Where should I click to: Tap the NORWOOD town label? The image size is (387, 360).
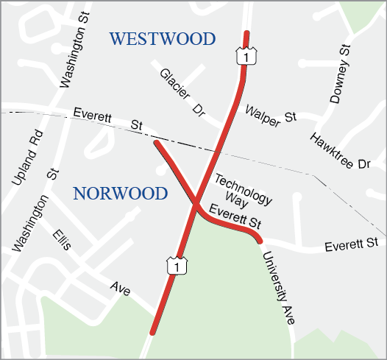pos(121,194)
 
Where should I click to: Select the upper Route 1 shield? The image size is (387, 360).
pos(241,55)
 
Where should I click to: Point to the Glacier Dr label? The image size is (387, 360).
pos(182,93)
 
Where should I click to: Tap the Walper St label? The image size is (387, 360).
pos(271,115)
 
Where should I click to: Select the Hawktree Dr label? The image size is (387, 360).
pos(339,151)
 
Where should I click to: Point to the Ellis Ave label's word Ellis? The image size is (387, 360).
pos(62,239)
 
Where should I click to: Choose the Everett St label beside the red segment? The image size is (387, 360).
pos(235,217)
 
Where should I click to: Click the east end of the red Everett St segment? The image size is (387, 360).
pos(259,240)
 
